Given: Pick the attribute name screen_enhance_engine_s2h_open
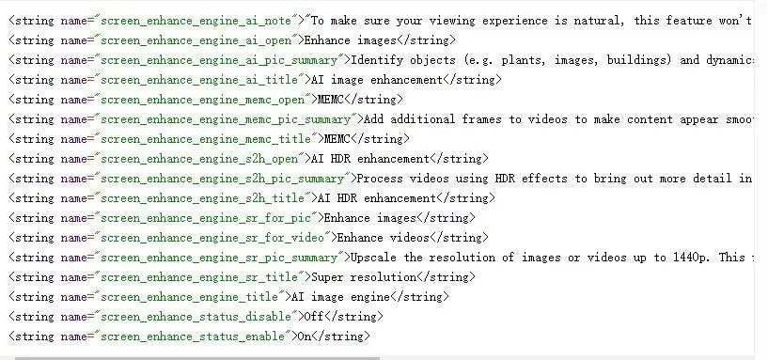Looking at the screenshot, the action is point(198,159).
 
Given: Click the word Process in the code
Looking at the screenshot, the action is point(380,179).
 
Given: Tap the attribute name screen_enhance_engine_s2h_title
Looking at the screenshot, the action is point(201,198).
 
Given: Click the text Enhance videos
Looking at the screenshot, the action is point(383,238).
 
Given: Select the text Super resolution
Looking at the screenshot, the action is point(364,277).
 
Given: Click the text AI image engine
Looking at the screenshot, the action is point(340,297).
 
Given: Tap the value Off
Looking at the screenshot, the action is point(314,317).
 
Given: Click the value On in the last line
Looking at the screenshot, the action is point(305,337).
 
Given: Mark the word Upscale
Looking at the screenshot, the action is point(373,258).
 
